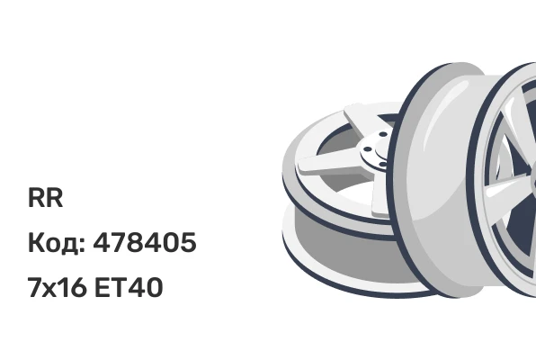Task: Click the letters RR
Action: click(46, 197)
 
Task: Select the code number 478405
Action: click(145, 242)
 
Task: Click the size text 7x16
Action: click(57, 287)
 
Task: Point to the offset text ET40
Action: click(129, 287)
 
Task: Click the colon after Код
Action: click(82, 245)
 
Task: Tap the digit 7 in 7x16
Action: click(34, 287)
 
